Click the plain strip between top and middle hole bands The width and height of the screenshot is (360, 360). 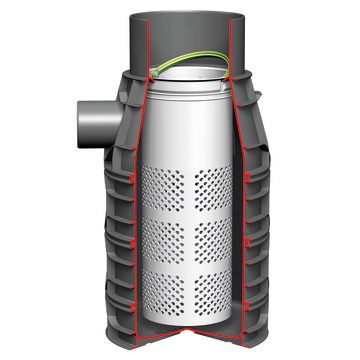pyautogui.click(x=190, y=212)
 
